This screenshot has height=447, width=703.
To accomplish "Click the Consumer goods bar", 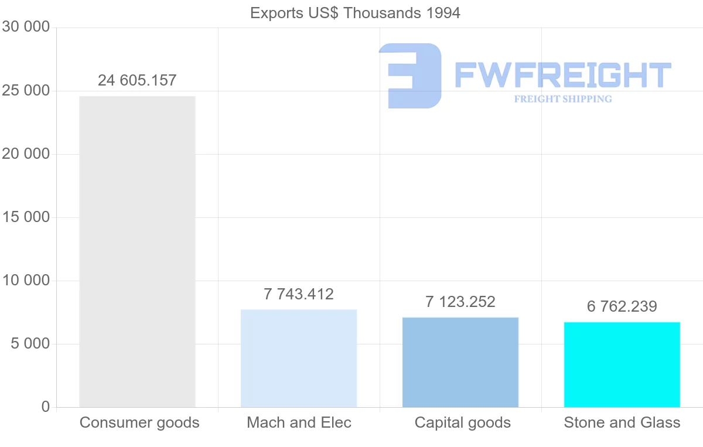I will [x=137, y=252].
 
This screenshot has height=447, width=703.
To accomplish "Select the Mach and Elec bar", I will [x=299, y=359].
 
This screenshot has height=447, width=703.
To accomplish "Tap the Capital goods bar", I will [x=460, y=362].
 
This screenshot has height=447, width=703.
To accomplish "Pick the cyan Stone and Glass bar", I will [x=622, y=364].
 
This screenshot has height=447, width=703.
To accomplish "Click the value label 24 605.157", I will [x=137, y=80].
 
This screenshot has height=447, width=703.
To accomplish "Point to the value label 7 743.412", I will [x=299, y=294].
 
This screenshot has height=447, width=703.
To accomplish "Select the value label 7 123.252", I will [x=460, y=302].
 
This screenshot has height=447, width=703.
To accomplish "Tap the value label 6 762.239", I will [x=622, y=306].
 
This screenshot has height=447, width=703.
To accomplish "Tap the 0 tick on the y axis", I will [x=46, y=407].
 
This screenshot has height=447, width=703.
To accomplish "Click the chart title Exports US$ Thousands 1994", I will [x=355, y=13].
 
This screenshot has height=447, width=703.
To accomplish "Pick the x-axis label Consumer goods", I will [x=139, y=422].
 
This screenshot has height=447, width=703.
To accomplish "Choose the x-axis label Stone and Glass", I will [x=622, y=422].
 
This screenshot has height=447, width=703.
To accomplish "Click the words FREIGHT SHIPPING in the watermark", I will [x=563, y=99].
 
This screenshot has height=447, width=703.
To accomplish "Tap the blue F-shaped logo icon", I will [x=410, y=75].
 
